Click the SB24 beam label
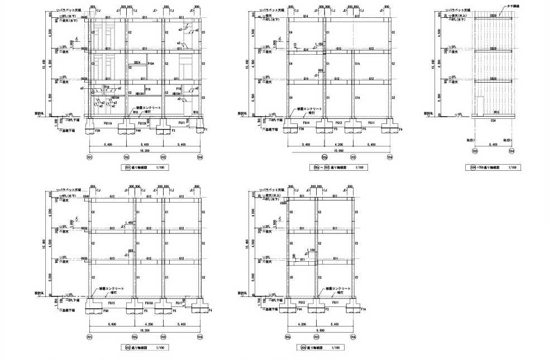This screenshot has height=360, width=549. pos(137,63)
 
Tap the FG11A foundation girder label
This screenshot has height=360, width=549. pos(108,123)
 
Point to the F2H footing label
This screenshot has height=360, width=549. pos(98,131)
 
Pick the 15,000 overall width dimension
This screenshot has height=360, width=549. pos(338,151)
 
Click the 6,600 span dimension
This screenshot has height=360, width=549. pos(112,324)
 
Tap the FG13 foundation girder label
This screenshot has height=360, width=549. pos(111,303)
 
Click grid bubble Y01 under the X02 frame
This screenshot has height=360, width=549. pos(89,337)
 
